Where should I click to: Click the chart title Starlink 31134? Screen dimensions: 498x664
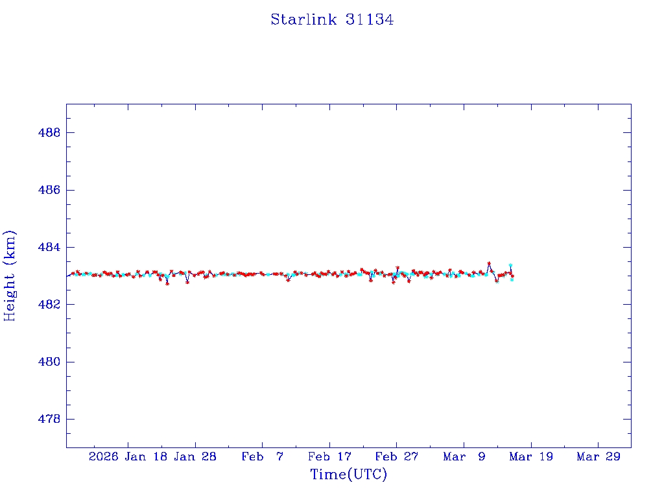[x=332, y=20]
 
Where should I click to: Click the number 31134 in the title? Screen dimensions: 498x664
[x=370, y=20]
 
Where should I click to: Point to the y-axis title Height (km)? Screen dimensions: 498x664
[x=10, y=276]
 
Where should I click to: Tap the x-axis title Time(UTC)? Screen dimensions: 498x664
[x=349, y=475]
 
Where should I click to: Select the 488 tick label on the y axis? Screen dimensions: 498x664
[x=49, y=133]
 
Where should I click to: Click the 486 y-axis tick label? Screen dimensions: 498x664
[x=49, y=190]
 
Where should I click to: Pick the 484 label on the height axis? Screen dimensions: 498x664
[x=49, y=247]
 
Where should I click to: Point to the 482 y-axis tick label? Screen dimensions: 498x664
[x=49, y=305]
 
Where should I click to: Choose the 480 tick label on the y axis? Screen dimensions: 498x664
[x=49, y=362]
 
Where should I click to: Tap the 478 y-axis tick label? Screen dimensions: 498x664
[x=49, y=419]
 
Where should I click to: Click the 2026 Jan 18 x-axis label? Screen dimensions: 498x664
[x=127, y=457]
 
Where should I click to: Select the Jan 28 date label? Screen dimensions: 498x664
[x=195, y=457]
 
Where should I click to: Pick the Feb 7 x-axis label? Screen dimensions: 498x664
[x=262, y=457]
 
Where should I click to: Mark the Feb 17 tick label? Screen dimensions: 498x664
[x=329, y=457]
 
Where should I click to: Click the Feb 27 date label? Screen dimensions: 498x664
[x=397, y=457]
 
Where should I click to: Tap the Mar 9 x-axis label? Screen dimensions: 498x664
[x=464, y=457]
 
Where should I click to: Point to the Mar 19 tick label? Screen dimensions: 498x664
[x=531, y=457]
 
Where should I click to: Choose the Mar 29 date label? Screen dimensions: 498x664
[x=599, y=457]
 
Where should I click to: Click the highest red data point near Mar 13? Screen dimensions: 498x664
[x=489, y=264]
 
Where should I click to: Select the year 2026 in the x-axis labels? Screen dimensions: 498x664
[x=103, y=457]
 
